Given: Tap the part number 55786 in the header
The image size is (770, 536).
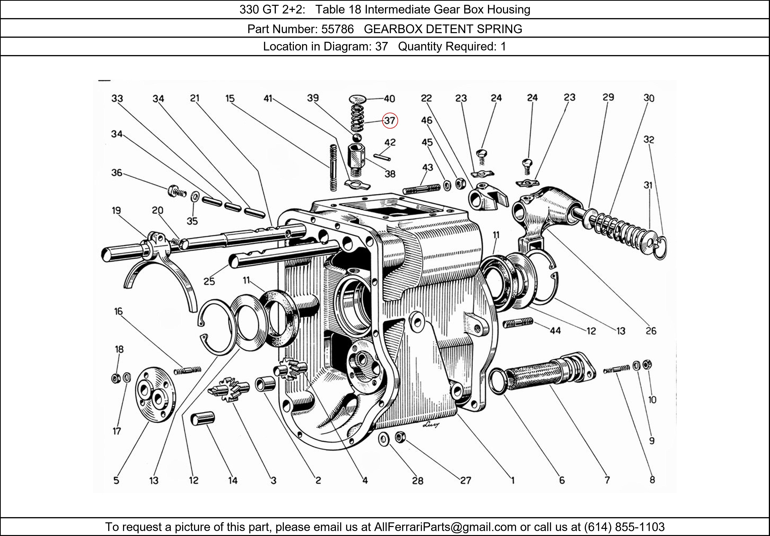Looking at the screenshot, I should [337, 29].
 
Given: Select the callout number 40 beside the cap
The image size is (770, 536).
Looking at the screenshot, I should [389, 99].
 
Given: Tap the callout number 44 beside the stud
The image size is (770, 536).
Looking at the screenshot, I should [555, 331].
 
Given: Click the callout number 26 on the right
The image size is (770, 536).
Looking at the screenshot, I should [651, 331].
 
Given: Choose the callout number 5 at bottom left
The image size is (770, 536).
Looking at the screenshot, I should [116, 480].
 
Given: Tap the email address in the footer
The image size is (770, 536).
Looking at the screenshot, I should [445, 527].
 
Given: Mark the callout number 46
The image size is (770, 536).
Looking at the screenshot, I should [427, 120].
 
